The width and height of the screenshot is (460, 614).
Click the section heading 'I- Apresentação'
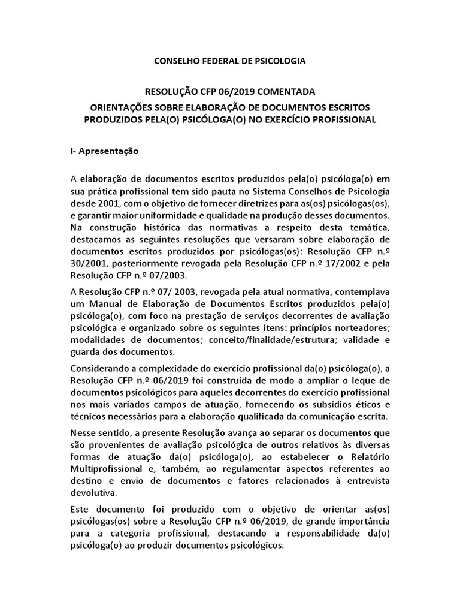click(x=104, y=151)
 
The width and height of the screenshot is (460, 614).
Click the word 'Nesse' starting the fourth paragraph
click(x=83, y=432)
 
